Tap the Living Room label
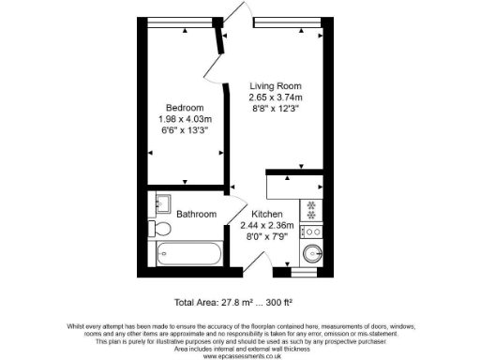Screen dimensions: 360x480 tap(276, 85)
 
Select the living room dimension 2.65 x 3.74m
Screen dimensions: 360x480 tap(276, 97)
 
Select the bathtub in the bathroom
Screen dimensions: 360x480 tap(188, 254)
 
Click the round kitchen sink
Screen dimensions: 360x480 tap(313, 252)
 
